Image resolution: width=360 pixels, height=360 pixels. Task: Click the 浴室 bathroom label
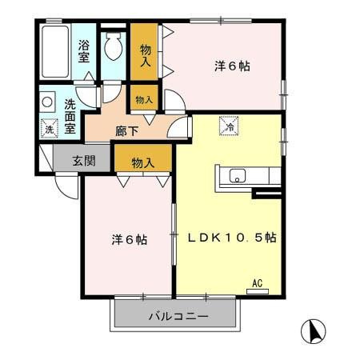(83, 52)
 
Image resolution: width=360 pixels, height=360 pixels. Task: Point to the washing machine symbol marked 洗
(49, 127)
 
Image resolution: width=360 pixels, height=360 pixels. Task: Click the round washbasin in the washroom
(47, 102)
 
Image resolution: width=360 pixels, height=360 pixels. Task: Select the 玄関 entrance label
(83, 160)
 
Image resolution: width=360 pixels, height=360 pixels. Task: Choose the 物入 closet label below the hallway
(143, 162)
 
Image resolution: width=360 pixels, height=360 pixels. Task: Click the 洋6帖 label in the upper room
(233, 66)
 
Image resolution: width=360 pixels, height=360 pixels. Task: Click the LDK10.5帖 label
(232, 238)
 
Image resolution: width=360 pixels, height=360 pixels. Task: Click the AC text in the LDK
(258, 282)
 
